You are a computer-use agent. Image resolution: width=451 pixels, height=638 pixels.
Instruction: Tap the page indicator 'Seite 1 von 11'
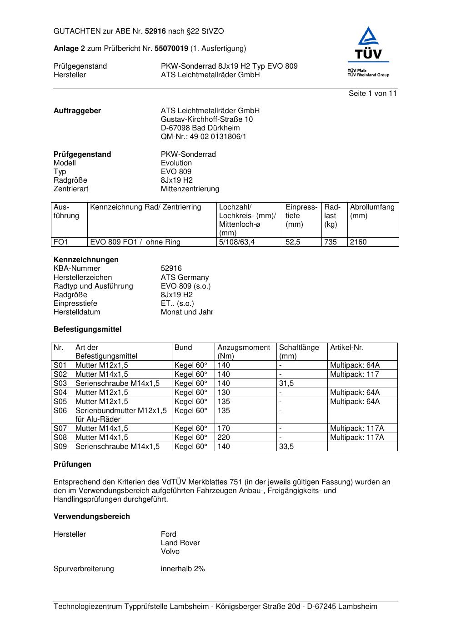point(372,94)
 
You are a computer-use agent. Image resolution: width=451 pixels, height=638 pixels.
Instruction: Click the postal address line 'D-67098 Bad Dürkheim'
point(200,128)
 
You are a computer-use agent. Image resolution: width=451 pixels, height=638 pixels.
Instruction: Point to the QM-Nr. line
point(203,137)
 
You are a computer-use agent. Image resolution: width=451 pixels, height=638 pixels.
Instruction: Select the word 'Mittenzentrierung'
point(190,189)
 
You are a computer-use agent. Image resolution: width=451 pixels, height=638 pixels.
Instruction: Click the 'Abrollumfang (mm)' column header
point(372,211)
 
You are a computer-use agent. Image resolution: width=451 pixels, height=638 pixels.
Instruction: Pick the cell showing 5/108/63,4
point(237,242)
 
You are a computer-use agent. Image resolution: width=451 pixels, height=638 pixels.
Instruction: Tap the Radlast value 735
point(331,242)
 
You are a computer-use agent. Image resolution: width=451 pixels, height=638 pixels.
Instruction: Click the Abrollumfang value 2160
point(358,242)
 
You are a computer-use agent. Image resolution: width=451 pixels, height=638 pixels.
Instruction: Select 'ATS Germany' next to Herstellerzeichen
point(185,278)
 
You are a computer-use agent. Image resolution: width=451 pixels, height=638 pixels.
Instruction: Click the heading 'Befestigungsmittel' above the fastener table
point(87,329)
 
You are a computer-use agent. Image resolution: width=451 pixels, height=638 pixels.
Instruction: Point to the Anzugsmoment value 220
point(224,438)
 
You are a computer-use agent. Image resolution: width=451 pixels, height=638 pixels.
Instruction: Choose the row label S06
point(60,411)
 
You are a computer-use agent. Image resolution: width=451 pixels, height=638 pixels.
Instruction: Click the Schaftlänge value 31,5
point(286,384)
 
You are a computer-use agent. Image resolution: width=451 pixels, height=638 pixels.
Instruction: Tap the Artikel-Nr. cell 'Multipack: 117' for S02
point(354,374)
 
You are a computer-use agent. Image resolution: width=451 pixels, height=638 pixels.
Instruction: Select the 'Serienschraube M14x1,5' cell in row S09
point(117,447)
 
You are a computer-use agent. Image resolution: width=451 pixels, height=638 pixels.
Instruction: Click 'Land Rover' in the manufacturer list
point(180,543)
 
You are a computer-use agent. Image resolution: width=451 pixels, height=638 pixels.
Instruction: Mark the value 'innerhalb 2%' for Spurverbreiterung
point(183,569)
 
